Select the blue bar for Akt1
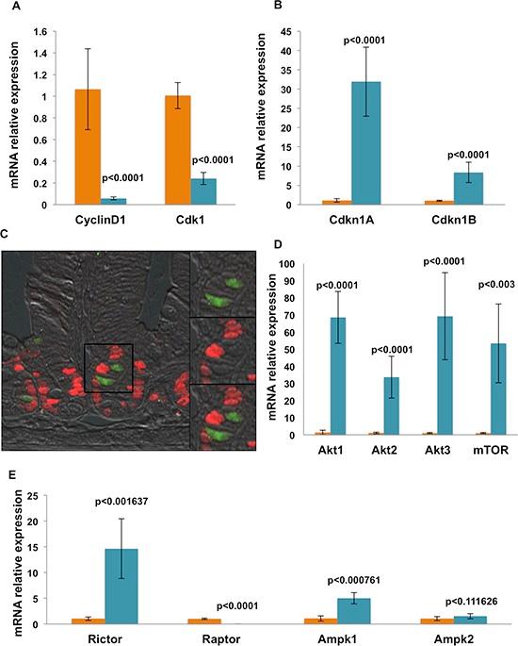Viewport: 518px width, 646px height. [x=332, y=376]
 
